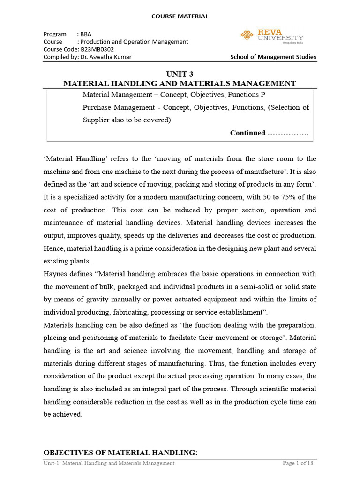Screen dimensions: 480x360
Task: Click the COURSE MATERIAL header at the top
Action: [180, 16]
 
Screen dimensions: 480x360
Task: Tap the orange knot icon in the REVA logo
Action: [247, 34]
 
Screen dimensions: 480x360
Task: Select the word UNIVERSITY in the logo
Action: [280, 38]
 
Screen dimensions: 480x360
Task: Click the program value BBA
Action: [86, 34]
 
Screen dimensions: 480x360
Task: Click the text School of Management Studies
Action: [273, 57]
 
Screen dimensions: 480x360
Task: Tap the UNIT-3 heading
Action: [180, 74]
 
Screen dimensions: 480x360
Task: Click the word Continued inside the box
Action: [247, 133]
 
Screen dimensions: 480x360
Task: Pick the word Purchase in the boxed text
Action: [97, 107]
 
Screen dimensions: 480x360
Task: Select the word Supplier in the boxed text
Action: [97, 120]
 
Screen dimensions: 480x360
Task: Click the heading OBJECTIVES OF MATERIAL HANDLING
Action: [120, 452]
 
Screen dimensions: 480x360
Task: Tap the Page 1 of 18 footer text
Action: [298, 463]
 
